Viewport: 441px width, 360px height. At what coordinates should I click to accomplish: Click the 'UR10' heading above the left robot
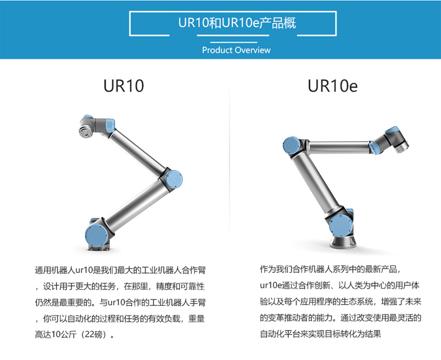[123, 85]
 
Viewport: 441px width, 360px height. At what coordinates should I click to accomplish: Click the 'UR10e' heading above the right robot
[333, 85]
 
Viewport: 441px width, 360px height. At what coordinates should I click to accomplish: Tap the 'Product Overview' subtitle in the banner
[236, 50]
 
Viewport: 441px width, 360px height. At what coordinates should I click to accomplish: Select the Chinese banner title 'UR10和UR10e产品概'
[237, 23]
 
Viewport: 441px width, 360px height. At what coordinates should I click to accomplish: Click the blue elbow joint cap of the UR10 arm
[174, 179]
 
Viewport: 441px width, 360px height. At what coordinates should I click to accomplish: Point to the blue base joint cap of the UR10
[96, 236]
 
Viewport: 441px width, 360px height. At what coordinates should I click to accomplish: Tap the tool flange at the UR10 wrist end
[84, 132]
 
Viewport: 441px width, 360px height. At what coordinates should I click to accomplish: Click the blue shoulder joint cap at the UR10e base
[341, 225]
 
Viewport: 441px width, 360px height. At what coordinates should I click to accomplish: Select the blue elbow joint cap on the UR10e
[292, 145]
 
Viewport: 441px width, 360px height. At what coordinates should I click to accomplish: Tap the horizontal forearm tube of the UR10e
[338, 147]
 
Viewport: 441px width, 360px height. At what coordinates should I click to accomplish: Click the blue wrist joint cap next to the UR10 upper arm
[110, 125]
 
